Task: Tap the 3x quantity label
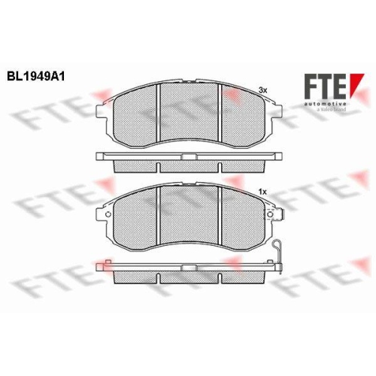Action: [x=262, y=89]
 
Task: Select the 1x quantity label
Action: [x=262, y=194]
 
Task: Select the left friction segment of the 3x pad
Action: [x=135, y=114]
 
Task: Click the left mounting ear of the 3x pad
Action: [x=105, y=111]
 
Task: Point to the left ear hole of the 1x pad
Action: [x=108, y=217]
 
